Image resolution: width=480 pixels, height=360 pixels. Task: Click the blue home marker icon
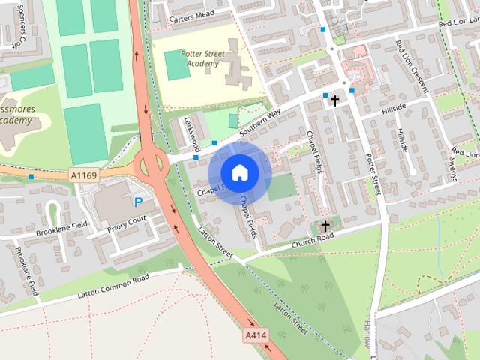pyautogui.click(x=239, y=172)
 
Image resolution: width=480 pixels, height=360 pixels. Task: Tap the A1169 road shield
pyautogui.click(x=84, y=175)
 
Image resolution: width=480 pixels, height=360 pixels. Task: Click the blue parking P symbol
pyautogui.click(x=139, y=201)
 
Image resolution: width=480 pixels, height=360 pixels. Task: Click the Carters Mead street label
pyautogui.click(x=192, y=15)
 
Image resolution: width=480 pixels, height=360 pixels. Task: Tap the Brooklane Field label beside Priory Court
pyautogui.click(x=63, y=229)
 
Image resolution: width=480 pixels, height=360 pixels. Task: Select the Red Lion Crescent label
pyautogui.click(x=412, y=67)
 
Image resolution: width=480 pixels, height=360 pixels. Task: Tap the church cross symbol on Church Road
pyautogui.click(x=325, y=225)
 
